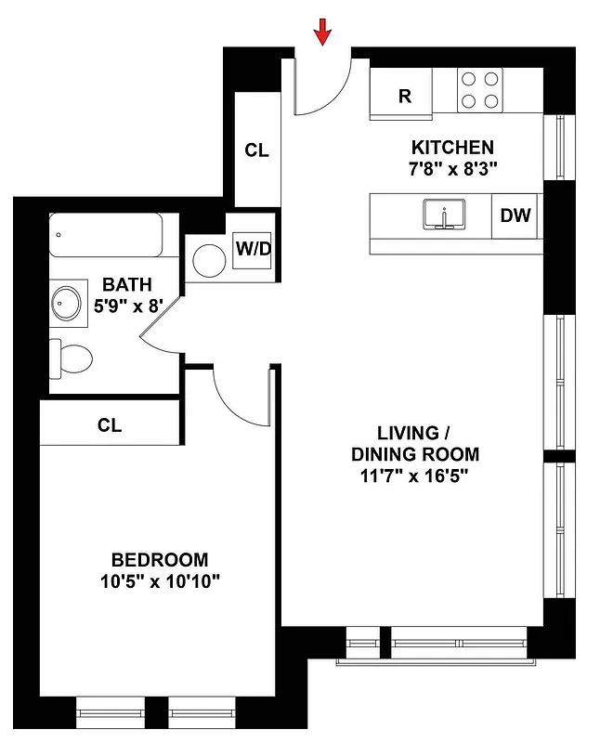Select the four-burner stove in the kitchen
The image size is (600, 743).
click(480, 91)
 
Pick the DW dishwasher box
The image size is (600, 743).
click(515, 215)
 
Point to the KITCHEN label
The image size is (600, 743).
click(452, 148)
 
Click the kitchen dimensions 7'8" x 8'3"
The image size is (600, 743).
click(452, 170)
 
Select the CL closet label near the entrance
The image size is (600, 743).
click(256, 150)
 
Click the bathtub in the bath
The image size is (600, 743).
click(106, 235)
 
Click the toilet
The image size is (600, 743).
click(72, 357)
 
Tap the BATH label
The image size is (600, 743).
click(126, 285)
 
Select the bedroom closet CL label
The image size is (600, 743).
click(110, 425)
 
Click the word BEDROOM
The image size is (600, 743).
click(159, 560)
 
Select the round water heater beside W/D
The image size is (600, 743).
click(209, 260)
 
